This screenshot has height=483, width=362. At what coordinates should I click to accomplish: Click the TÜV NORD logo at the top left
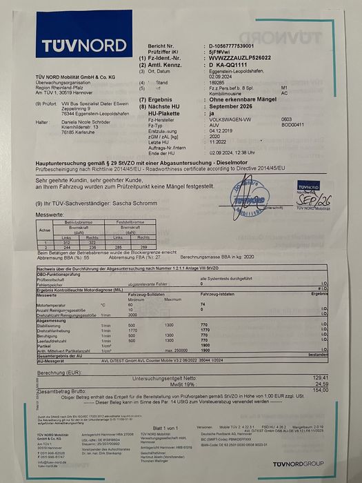click(x=65, y=46)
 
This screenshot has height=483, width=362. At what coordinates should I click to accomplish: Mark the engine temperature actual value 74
click(x=203, y=304)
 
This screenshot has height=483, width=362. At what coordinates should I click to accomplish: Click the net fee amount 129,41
click(x=320, y=378)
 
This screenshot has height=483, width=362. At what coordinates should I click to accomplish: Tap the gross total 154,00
click(x=321, y=390)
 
